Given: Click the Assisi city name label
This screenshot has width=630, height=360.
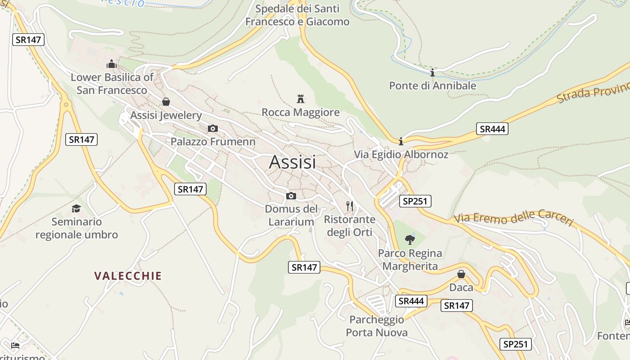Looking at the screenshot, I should coord(292,162).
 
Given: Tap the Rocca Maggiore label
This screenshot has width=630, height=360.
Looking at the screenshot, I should coord(301,112).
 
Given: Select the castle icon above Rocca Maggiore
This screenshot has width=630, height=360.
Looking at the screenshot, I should coord(301,99).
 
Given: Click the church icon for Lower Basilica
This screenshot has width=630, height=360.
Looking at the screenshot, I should coord(112,64).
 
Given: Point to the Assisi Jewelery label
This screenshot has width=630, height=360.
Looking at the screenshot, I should coord(166,115).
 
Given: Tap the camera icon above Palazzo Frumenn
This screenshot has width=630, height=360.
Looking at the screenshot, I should coord(213,129).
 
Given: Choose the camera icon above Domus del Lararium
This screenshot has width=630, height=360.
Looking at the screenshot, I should coord(291,196).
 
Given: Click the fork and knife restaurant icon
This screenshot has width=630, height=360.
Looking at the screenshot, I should coord(350,206).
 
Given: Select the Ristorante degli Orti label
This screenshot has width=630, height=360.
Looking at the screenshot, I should coord(350,226).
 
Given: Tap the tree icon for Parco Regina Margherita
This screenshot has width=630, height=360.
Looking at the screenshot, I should coord(409,239).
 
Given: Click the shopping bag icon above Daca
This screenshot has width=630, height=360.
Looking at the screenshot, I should coord(461,274).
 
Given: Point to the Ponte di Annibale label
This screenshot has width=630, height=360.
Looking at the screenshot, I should coord(432,85).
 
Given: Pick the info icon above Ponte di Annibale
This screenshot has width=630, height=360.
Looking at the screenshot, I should coord(432,72).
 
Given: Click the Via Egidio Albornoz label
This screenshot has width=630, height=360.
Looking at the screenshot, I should coord(401,155).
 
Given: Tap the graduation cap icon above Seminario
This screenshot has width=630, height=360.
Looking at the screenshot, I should coord(76,208).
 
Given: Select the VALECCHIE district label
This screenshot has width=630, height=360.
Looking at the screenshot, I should coord(128,276).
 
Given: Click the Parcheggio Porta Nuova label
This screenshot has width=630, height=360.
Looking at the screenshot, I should coord(377,326).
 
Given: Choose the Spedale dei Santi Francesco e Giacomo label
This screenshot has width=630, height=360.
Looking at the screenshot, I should coord(297,15).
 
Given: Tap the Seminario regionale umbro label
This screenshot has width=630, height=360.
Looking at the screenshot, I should coord(76,228).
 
